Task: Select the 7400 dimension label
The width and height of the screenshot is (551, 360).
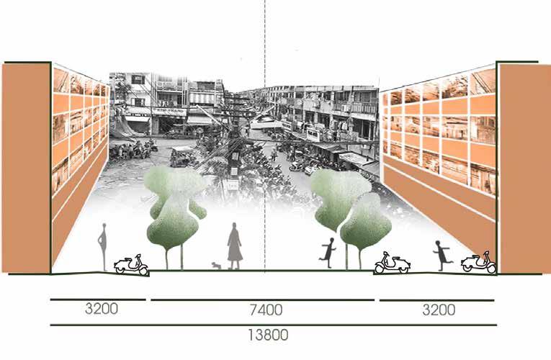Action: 265,311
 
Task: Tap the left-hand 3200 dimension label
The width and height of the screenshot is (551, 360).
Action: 102,310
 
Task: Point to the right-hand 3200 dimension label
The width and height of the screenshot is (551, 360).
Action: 438,311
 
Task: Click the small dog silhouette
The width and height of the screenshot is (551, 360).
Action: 216,266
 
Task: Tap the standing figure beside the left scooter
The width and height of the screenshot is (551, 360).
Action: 103,246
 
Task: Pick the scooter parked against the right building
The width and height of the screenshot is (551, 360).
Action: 480,262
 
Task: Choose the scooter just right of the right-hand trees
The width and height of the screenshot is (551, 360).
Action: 392,264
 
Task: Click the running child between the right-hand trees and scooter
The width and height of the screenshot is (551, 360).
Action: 328,251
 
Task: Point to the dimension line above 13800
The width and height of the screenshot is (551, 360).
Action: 272,325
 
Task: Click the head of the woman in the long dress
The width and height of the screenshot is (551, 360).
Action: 233,228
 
